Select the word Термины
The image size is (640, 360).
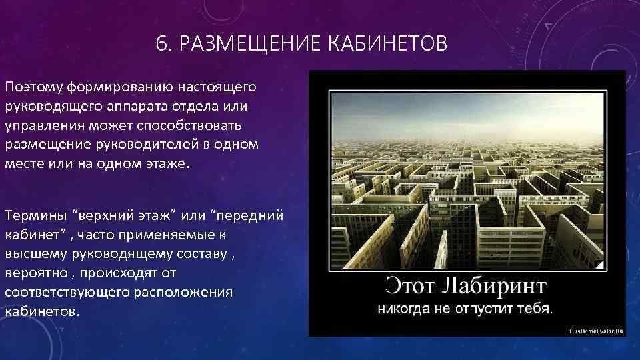37,216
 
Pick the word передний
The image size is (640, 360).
253,216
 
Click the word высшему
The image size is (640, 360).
33,254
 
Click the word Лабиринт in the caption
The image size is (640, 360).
495,286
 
